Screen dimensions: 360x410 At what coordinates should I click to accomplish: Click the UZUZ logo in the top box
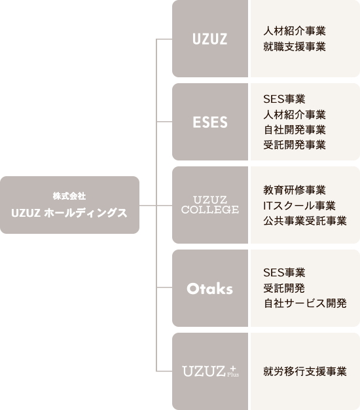tap(210, 39)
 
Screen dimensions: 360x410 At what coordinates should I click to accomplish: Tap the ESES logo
tap(210, 122)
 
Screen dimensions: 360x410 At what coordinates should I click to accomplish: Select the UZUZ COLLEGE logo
tap(210, 205)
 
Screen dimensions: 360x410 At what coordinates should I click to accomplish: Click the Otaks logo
tap(210, 289)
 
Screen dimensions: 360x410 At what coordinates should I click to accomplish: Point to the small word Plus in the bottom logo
tap(233, 375)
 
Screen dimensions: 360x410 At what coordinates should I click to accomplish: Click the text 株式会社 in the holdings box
tap(69, 196)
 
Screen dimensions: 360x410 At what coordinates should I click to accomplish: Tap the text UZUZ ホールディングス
tap(69, 213)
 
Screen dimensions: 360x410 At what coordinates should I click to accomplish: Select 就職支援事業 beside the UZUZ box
tap(295, 47)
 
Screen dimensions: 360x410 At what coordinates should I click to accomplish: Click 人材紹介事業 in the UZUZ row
tap(295, 31)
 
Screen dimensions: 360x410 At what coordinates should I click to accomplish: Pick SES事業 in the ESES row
tap(284, 99)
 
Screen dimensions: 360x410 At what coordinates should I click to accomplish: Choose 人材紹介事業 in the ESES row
tap(295, 114)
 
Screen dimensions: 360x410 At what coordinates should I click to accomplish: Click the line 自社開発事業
tap(295, 130)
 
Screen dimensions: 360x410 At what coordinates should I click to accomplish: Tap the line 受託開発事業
tap(295, 145)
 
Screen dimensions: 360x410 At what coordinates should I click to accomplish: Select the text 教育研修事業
tap(295, 190)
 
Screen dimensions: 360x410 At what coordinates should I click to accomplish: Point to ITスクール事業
tap(299, 206)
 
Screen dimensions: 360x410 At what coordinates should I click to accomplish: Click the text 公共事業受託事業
tap(305, 221)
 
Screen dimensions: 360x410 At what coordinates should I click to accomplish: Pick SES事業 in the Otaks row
tap(284, 272)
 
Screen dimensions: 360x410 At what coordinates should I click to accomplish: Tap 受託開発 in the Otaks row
tap(284, 288)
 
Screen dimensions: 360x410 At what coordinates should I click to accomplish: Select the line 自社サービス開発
tap(305, 303)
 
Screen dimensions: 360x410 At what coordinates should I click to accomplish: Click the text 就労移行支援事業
tap(305, 371)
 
